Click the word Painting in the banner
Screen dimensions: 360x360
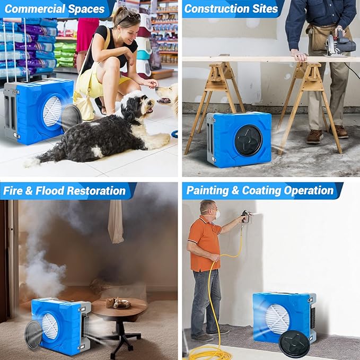click(x=207, y=190)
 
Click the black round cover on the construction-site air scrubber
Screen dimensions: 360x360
click(x=248, y=140)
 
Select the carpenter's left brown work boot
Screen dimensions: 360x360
click(x=314, y=136)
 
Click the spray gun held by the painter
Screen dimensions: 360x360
click(x=245, y=216)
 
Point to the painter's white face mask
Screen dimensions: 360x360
click(x=216, y=214)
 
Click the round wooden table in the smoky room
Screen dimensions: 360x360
click(x=119, y=307)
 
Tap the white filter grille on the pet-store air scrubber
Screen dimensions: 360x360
click(x=52, y=111)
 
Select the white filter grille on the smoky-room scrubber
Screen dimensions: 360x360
click(x=49, y=326)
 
